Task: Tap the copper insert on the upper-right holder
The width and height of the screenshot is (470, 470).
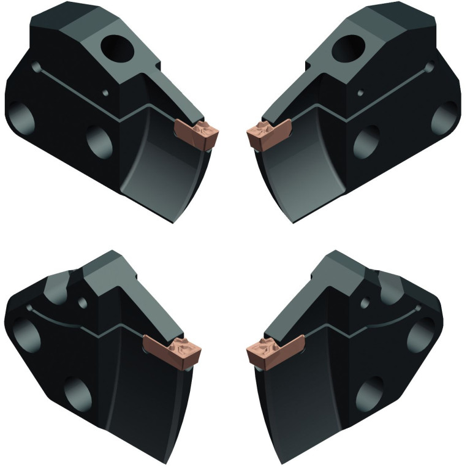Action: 270,134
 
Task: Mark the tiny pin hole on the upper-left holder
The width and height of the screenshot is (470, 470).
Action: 108,93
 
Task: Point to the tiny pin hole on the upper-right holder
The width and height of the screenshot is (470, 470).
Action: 360,93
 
